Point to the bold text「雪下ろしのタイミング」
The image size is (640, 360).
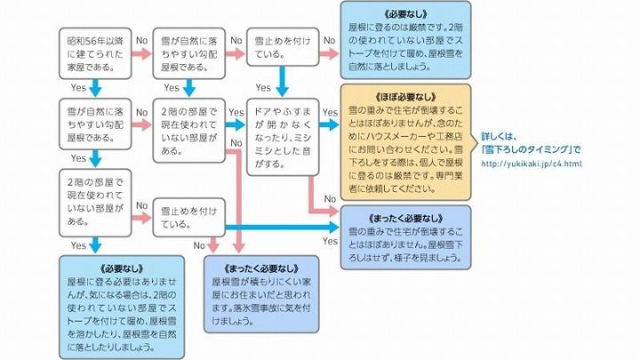coord(532,148)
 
